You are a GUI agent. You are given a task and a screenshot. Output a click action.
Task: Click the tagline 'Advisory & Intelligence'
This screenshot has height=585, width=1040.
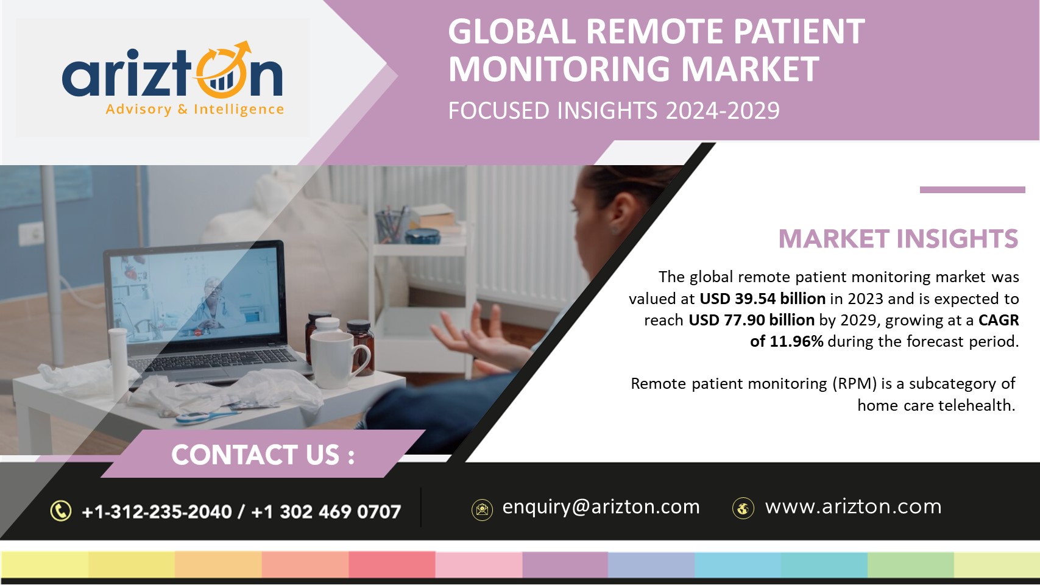point(194,110)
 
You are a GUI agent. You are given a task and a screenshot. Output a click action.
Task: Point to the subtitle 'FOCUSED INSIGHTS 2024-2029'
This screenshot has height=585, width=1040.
point(614,110)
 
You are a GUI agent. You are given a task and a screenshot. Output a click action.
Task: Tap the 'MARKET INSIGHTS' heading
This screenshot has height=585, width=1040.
point(899,239)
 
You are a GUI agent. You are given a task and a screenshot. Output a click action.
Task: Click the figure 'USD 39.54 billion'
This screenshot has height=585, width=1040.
point(762,299)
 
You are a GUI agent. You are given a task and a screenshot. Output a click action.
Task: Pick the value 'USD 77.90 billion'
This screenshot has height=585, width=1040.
point(751,320)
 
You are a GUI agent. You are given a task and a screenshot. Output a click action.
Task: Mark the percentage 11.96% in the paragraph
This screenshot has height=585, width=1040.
point(796,342)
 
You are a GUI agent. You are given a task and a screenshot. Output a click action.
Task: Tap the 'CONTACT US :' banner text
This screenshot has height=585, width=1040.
point(263,455)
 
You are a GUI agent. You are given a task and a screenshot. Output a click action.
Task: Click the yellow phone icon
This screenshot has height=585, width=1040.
point(61,511)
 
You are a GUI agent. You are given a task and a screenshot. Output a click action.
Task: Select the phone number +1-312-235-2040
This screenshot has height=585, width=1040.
point(157,512)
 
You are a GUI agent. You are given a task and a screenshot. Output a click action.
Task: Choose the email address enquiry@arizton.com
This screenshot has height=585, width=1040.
point(601,507)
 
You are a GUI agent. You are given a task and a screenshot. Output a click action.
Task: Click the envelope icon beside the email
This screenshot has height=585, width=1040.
point(482,510)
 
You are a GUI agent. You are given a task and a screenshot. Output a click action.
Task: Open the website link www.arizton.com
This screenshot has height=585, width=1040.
point(853,506)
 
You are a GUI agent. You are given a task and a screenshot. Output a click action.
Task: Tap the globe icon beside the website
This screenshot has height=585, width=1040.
point(743,508)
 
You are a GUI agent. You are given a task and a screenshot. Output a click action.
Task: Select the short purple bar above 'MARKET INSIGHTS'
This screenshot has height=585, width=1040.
point(972,190)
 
